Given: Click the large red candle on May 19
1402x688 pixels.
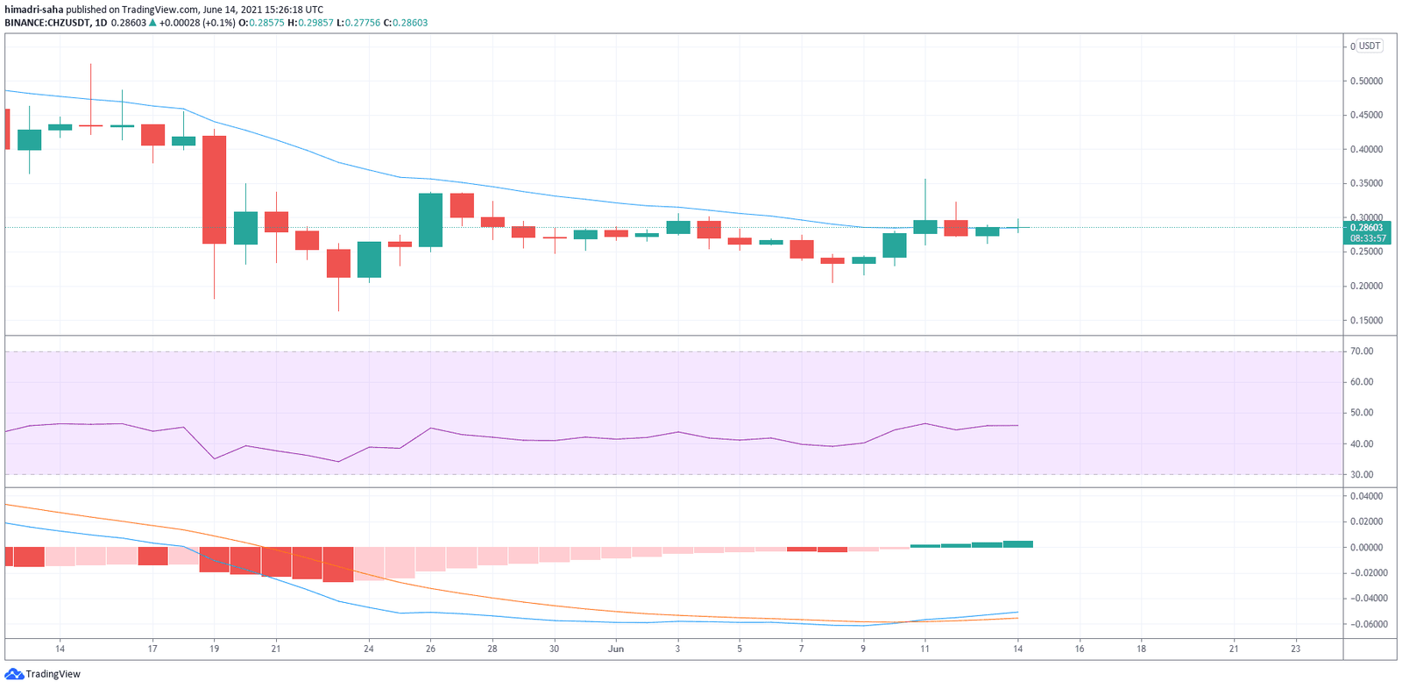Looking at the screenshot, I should pyautogui.click(x=214, y=189).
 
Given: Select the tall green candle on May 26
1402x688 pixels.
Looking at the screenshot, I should pyautogui.click(x=430, y=220).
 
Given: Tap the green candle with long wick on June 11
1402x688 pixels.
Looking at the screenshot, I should pyautogui.click(x=924, y=227).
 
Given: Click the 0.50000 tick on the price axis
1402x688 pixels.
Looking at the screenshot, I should pyautogui.click(x=1366, y=81).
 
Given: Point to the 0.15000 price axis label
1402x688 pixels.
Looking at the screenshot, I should pyautogui.click(x=1366, y=320).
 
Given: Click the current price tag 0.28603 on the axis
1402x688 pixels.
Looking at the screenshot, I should pyautogui.click(x=1366, y=228).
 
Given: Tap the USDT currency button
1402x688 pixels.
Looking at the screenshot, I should pyautogui.click(x=1369, y=46).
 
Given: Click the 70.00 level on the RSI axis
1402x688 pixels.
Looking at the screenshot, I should pyautogui.click(x=1362, y=351).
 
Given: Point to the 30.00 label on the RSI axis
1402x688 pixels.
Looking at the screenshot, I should pyautogui.click(x=1362, y=475).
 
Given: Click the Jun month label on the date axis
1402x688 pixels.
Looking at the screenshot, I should pyautogui.click(x=616, y=649).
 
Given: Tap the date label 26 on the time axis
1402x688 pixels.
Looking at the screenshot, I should pyautogui.click(x=430, y=649).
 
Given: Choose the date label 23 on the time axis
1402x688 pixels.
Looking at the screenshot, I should pyautogui.click(x=1295, y=649).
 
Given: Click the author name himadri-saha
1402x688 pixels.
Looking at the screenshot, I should pyautogui.click(x=34, y=10).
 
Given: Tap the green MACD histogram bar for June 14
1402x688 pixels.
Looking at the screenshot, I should pyautogui.click(x=1017, y=544).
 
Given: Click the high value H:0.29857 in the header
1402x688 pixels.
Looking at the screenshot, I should pyautogui.click(x=310, y=23).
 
